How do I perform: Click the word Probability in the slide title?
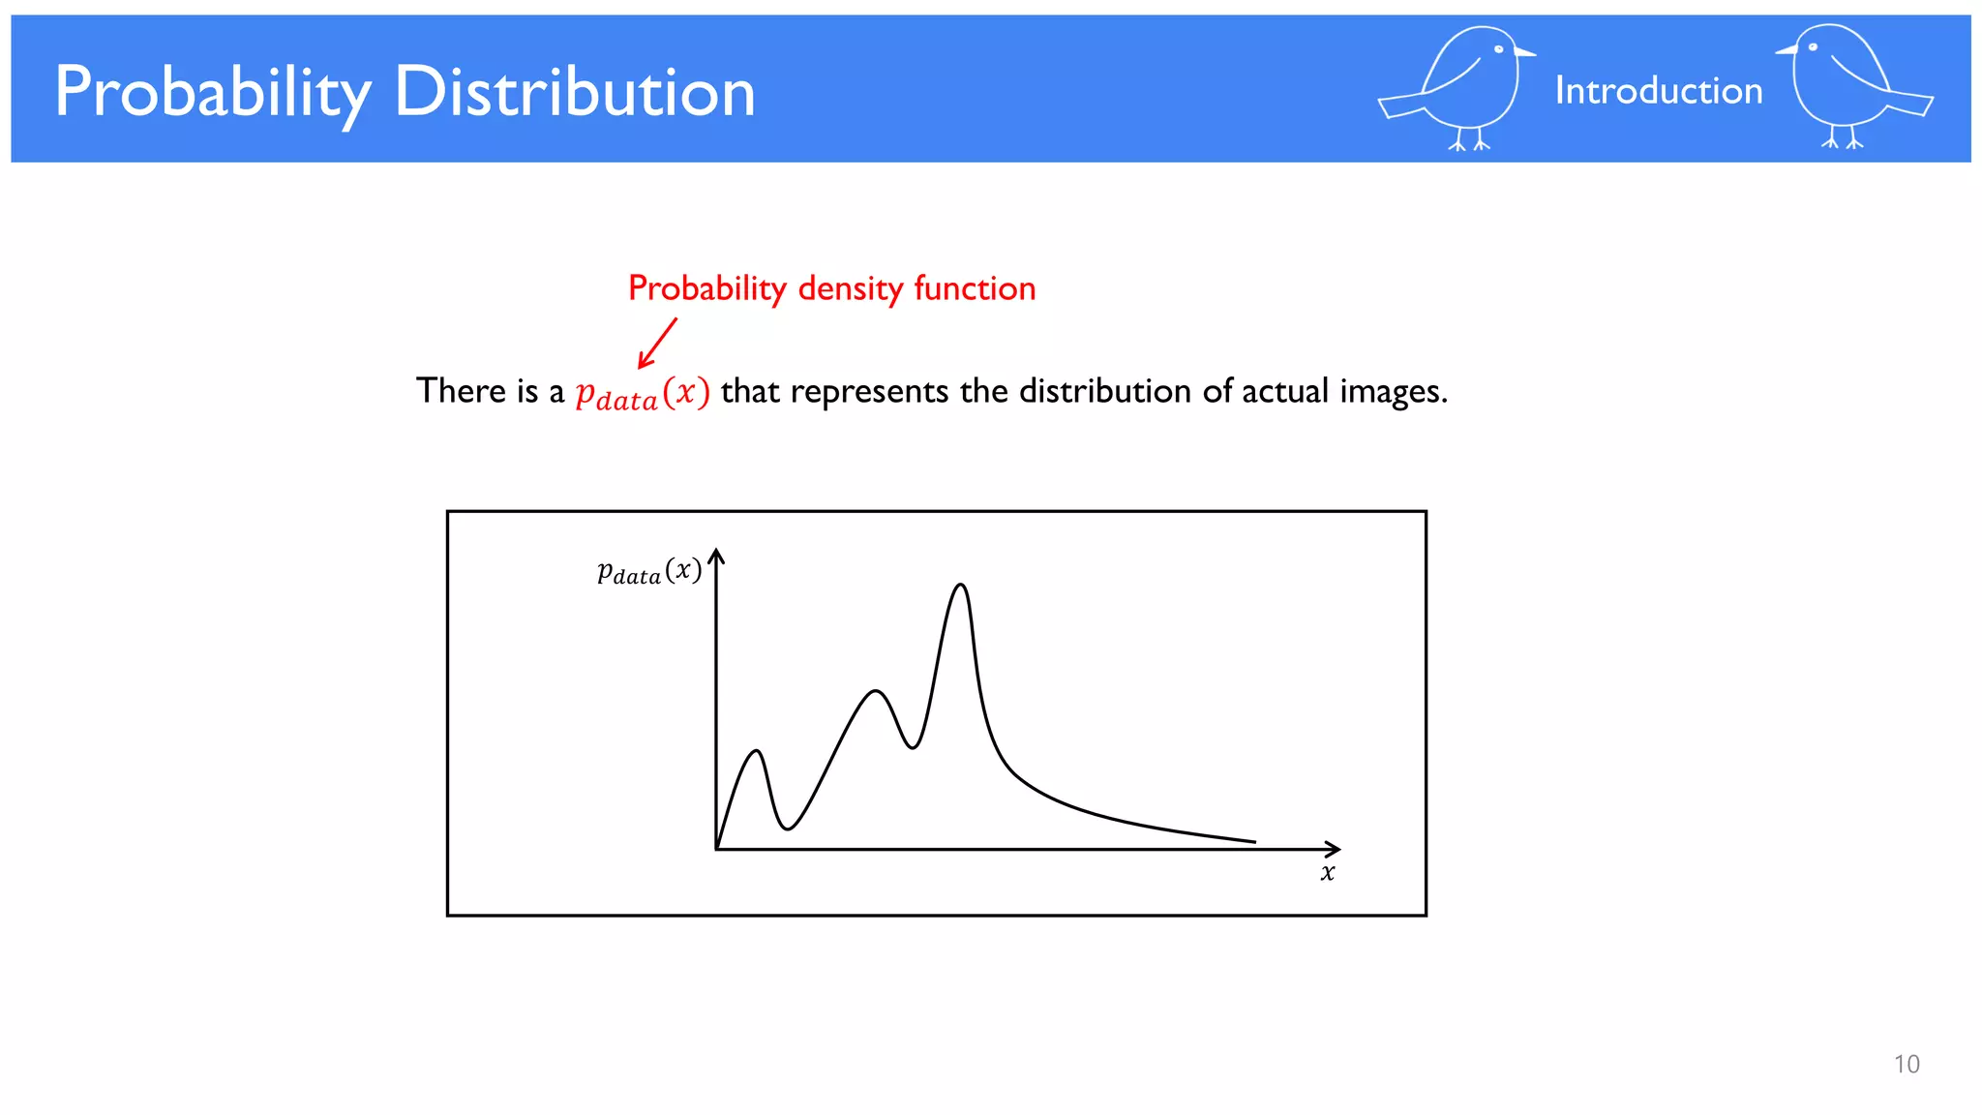point(213,93)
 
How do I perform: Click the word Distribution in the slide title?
point(575,93)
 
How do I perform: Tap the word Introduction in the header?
point(1658,91)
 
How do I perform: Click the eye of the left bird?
point(1498,49)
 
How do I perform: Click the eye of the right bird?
point(1813,46)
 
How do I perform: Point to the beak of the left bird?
point(1525,52)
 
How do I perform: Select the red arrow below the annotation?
point(657,344)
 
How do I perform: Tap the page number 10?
point(1906,1065)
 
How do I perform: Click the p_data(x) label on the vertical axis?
point(648,572)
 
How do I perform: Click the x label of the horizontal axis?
point(1328,873)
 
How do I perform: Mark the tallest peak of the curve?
point(961,586)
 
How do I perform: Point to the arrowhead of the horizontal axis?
point(1335,849)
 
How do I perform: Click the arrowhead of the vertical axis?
point(716,556)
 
